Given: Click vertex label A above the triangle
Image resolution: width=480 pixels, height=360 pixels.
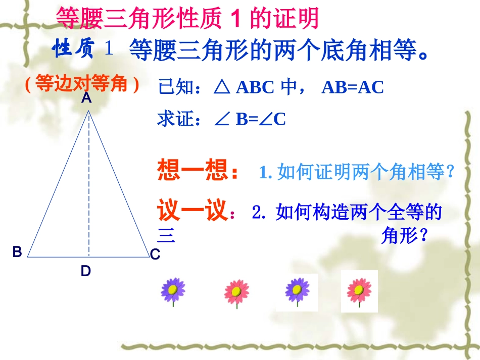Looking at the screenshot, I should click(x=86, y=99).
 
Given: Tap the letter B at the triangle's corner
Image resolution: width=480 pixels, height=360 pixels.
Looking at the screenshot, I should click(x=17, y=252).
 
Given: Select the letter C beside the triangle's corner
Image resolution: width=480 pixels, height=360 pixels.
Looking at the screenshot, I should click(x=155, y=255).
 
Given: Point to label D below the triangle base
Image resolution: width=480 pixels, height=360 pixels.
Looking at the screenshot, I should click(x=86, y=272).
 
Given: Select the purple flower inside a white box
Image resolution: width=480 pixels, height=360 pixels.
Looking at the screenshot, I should click(x=297, y=291).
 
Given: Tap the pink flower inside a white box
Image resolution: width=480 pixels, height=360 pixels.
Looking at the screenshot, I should click(x=359, y=291).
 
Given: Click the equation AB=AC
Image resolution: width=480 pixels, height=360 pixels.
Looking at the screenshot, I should click(x=353, y=87).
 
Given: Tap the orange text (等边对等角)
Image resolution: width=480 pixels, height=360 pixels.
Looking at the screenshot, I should click(x=82, y=84).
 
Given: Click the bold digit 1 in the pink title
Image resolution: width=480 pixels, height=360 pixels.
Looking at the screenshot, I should click(x=234, y=19).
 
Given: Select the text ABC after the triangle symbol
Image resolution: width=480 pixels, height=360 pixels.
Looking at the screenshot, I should click(x=255, y=87).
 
